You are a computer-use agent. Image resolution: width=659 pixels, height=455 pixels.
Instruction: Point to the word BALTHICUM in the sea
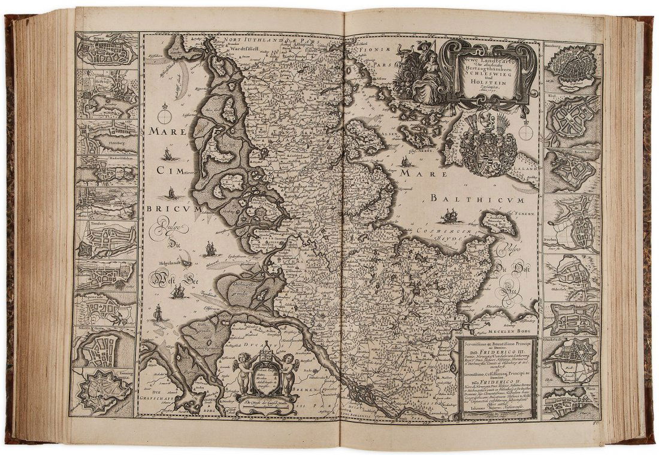tap(476, 199)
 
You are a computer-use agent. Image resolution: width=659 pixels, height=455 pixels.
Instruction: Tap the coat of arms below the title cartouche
tap(489, 147)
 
